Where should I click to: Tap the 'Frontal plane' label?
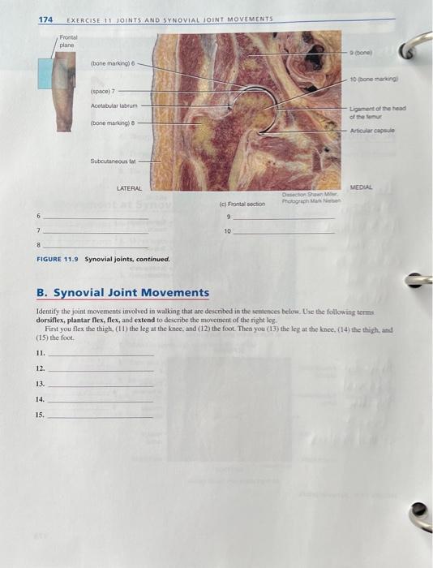[67, 41]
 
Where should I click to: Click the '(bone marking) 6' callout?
[112, 62]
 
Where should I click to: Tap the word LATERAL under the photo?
[130, 188]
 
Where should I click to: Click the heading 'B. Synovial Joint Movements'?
[122, 293]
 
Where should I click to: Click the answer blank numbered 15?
[101, 415]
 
